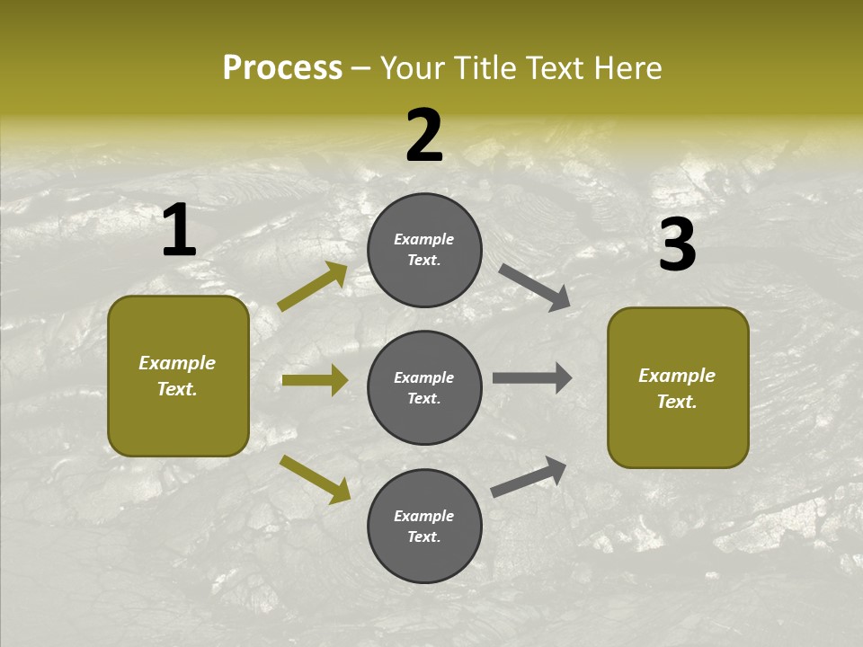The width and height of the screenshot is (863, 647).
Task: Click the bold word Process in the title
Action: [x=282, y=68]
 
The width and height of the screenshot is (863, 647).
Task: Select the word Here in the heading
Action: [x=627, y=68]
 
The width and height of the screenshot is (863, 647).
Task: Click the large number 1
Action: [x=179, y=231]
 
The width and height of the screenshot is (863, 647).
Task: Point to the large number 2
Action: [x=424, y=136]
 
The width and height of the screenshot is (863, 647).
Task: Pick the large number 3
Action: [x=677, y=244]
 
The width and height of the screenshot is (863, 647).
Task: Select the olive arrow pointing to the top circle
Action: [x=312, y=287]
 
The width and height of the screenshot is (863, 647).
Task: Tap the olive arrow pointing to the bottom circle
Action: [x=315, y=479]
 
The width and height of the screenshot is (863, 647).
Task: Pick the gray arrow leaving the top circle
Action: [x=534, y=288]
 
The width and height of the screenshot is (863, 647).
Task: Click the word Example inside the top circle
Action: [x=424, y=239]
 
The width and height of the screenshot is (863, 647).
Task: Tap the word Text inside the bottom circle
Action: [x=423, y=536]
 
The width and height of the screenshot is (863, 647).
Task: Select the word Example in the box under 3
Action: [x=677, y=376]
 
